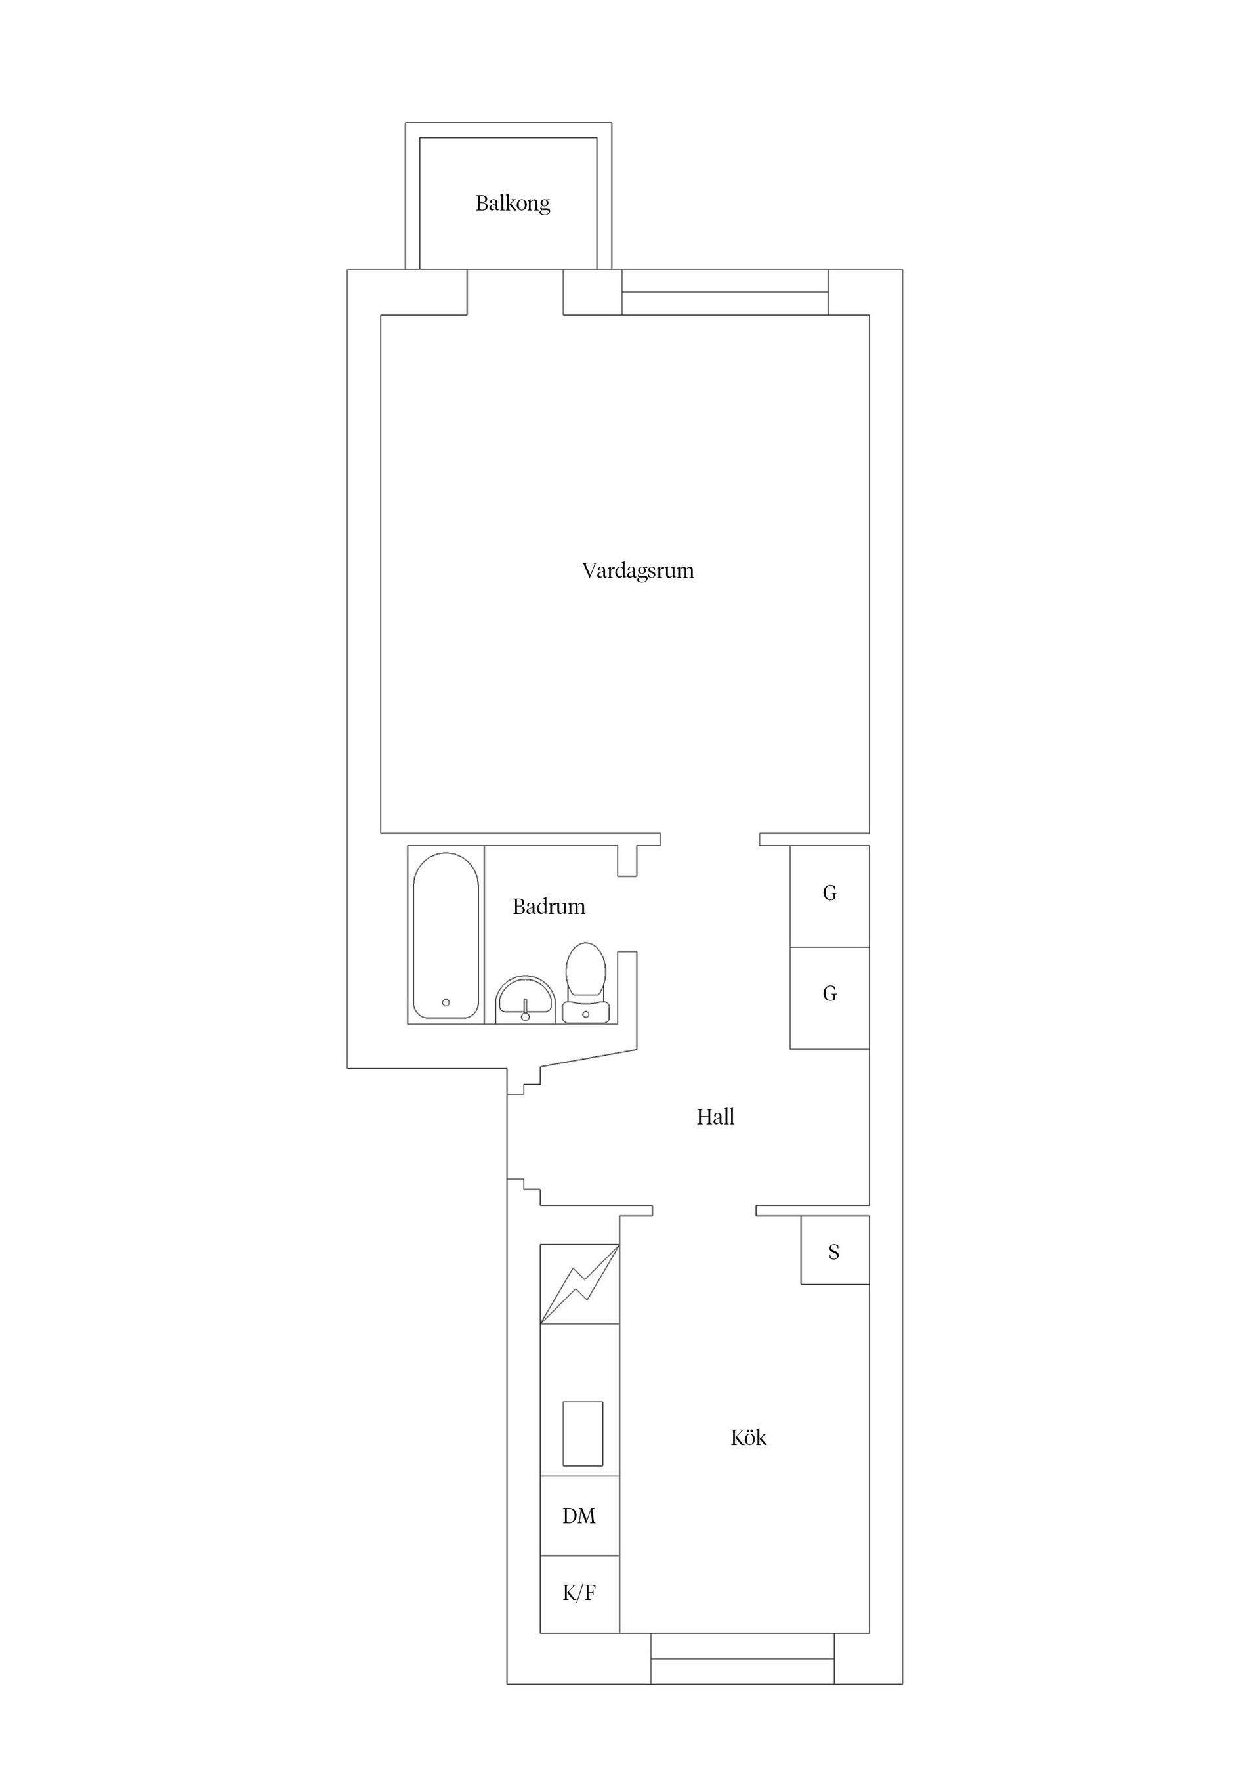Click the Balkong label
[x=513, y=204]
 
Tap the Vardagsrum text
[x=637, y=570]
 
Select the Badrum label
[x=548, y=906]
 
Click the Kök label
[x=747, y=1438]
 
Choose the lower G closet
[x=829, y=995]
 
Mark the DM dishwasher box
[x=579, y=1515]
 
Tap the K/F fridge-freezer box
[x=579, y=1593]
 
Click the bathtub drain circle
[x=446, y=1002]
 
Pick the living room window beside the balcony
[x=724, y=292]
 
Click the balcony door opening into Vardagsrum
[x=514, y=293]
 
